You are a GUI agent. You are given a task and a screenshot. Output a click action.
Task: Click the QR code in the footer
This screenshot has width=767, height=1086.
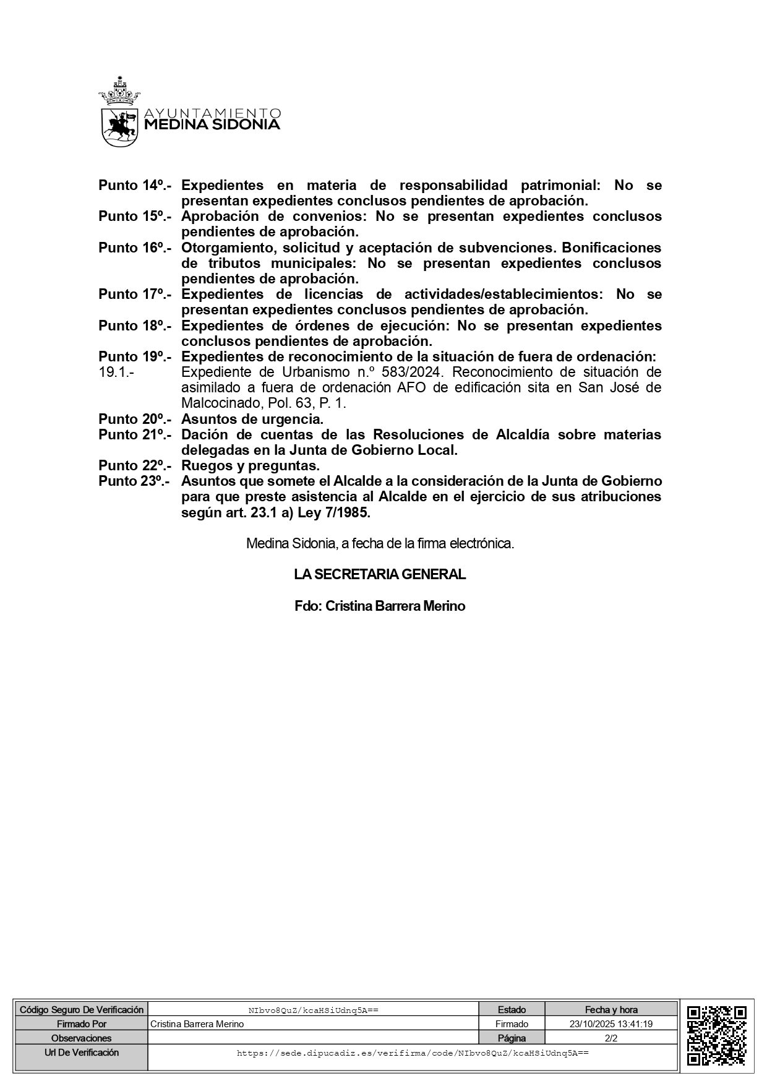coord(716,1038)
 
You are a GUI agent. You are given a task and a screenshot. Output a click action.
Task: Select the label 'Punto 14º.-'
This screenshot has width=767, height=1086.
coord(135,185)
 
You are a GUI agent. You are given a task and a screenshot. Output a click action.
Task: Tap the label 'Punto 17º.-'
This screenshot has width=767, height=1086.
coord(135,294)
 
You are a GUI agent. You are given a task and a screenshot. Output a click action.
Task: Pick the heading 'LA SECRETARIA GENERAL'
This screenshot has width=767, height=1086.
coord(380,574)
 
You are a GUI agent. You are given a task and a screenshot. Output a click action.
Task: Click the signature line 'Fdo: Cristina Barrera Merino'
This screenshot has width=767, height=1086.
coord(380,606)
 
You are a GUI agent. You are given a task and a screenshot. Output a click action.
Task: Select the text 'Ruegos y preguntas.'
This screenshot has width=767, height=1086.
coord(251,465)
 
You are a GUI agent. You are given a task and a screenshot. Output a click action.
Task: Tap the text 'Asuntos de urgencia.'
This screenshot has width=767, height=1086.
coord(252,419)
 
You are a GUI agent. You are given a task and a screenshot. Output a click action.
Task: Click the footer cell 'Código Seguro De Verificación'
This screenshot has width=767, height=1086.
coord(82,1010)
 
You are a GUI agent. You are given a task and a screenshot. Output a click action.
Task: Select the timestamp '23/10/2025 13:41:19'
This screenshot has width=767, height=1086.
coord(611,1024)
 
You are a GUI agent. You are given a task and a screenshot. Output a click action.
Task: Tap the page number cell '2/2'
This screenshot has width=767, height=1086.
coord(611,1038)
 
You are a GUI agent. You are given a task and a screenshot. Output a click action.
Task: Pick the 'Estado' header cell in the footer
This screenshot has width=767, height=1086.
coord(512,1010)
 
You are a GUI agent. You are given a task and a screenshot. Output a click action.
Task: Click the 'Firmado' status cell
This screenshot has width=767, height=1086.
coord(512,1024)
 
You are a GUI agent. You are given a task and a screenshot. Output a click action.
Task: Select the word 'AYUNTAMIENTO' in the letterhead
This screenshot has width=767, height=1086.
coord(212,113)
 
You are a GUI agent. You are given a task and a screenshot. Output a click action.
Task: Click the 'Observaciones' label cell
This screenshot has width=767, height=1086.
coord(82,1038)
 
